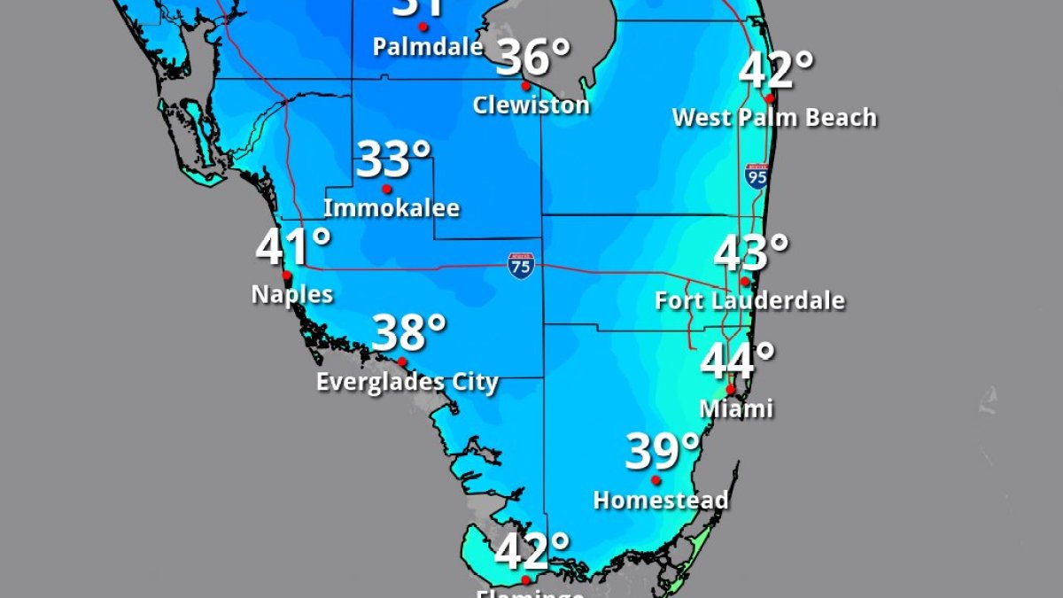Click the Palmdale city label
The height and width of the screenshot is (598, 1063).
pos(429,46)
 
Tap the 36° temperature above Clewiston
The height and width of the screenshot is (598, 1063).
pos(533,58)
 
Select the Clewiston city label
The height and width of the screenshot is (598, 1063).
pos(531,105)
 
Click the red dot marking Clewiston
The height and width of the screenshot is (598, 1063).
pos(525,86)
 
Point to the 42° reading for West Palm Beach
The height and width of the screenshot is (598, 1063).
pos(776,71)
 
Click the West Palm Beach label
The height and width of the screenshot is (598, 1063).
pos(774,118)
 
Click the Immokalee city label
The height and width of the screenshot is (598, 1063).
pos(392,209)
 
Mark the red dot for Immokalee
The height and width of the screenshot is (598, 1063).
pos(386,189)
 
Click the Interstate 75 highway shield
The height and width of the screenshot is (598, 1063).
pos(521,266)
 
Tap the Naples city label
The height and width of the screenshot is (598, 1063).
pos(292,294)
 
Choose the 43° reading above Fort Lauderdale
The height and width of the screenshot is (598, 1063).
pos(751,253)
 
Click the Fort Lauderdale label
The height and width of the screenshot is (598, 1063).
pos(749,301)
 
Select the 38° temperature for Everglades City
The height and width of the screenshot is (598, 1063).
pos(408,333)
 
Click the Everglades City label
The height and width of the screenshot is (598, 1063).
pos(407,383)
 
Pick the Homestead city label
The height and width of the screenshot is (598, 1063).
pos(661,501)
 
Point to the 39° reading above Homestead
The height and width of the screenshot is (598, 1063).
pos(663,452)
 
